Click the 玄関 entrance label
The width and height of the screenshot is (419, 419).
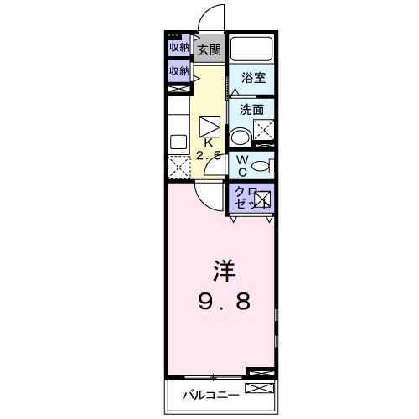209,50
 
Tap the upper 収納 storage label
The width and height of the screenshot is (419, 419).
178,48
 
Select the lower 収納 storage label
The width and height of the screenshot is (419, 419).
178,72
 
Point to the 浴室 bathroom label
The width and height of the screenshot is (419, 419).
253,78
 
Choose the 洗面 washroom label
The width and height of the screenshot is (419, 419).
252,109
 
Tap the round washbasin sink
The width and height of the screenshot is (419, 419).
241,137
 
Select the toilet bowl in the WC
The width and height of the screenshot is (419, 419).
261,165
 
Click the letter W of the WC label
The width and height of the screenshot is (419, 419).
241,159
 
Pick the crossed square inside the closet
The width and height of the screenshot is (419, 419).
262,199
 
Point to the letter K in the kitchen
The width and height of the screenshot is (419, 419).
209,143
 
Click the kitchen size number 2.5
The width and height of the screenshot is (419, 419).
209,157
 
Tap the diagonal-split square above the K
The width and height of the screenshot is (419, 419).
209,126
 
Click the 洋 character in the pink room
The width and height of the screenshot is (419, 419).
222,272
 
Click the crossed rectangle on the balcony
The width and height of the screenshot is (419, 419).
259,388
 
